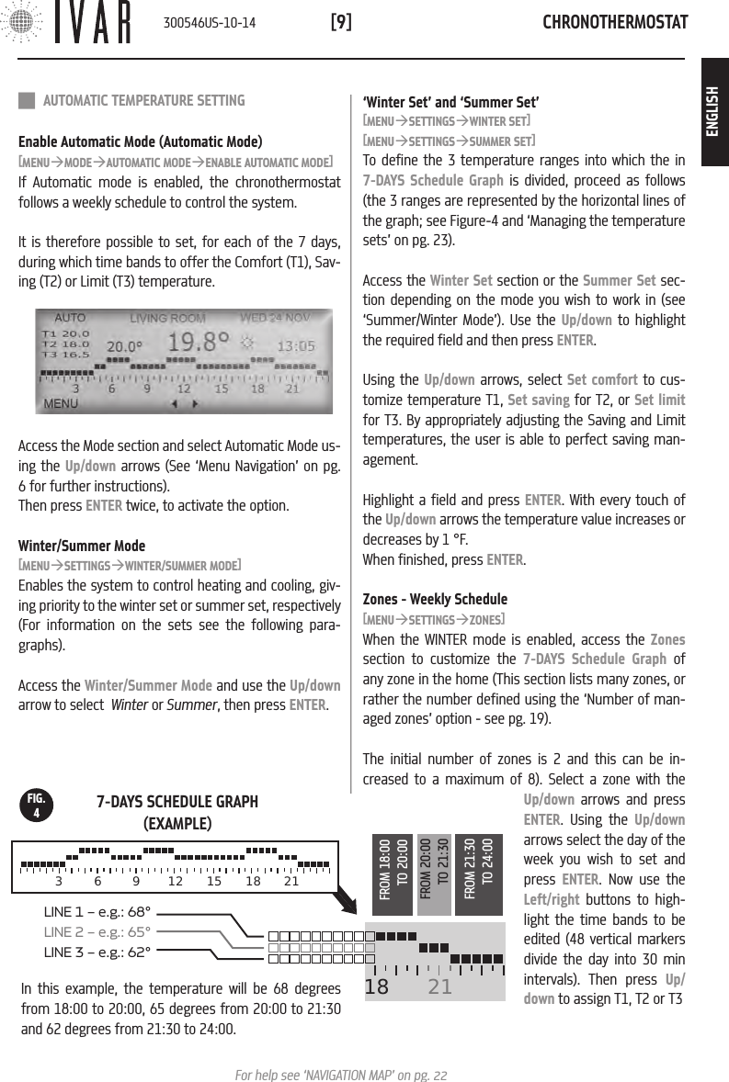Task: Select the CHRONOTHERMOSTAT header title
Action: [615, 22]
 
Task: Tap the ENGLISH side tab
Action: [713, 112]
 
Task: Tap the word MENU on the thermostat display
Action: [62, 402]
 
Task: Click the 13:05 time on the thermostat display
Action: [296, 347]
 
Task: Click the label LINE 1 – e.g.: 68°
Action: [97, 912]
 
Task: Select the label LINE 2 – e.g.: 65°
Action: [97, 931]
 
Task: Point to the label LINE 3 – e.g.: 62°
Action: [97, 951]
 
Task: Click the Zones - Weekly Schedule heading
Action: [435, 600]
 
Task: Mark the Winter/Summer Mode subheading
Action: [82, 546]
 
